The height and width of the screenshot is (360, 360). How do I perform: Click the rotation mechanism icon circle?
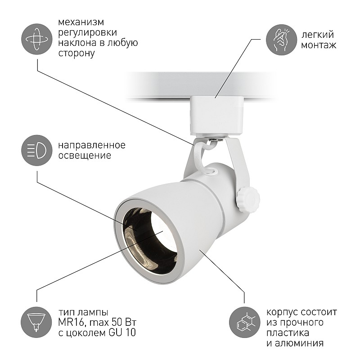point(37,39)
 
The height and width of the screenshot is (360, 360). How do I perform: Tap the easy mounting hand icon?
point(282,40)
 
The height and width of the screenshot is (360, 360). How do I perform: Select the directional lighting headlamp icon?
point(37,150)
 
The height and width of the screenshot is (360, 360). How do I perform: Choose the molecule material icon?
point(245,322)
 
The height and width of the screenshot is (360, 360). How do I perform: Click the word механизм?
point(81,22)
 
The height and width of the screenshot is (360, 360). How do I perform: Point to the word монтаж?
point(319,45)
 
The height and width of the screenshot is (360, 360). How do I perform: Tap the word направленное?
point(92,145)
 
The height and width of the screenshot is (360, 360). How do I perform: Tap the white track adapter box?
point(217,116)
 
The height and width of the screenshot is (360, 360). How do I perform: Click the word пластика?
point(288,333)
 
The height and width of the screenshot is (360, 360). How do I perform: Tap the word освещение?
point(85,156)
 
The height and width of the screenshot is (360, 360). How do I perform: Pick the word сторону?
point(76,53)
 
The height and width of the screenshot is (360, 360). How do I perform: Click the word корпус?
point(282,312)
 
